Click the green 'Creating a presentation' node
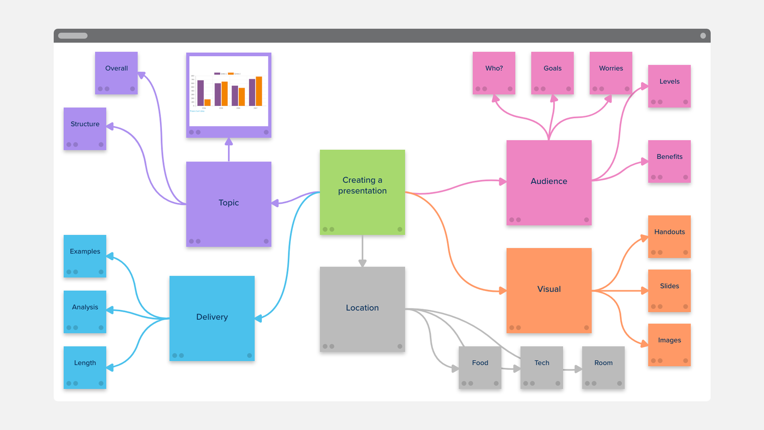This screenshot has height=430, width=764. tap(362, 192)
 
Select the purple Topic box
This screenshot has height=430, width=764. tap(229, 204)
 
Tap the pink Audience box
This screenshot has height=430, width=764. tap(549, 182)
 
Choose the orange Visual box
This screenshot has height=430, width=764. tap(549, 290)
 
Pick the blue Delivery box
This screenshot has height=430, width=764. tap(212, 318)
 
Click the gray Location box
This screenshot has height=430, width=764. tap(362, 309)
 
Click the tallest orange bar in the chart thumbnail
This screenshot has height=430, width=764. tap(259, 91)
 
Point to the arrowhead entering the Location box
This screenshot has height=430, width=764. tap(362, 263)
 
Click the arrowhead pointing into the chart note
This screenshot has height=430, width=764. tap(229, 142)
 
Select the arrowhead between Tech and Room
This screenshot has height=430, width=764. tap(578, 369)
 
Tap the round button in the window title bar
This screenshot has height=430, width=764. tap(703, 36)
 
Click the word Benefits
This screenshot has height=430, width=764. tap(669, 157)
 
